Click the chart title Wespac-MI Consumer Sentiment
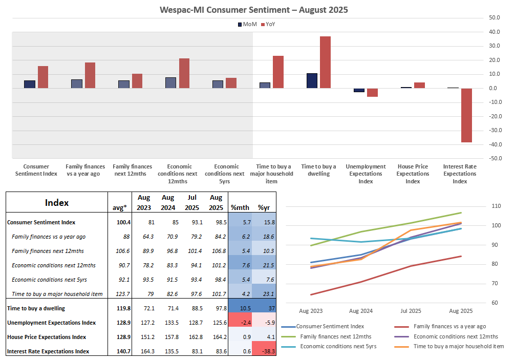click(x=254, y=9)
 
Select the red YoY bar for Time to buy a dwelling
click(x=325, y=62)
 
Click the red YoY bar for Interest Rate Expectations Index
click(x=466, y=115)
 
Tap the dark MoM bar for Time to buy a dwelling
click(x=312, y=81)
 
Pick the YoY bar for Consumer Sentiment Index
click(x=43, y=77)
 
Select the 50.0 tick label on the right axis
click(x=494, y=17)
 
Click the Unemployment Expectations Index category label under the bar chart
click(x=366, y=174)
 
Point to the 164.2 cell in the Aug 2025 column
click(x=216, y=337)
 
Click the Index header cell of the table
click(x=57, y=203)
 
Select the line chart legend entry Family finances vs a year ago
click(x=449, y=326)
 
